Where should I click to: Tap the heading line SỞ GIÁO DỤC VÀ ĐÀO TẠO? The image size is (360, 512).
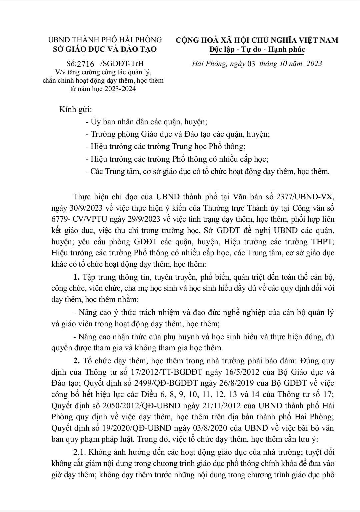(x=105, y=49)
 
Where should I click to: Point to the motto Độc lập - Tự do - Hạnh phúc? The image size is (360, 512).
(x=257, y=49)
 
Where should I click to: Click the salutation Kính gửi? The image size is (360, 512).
(x=75, y=110)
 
